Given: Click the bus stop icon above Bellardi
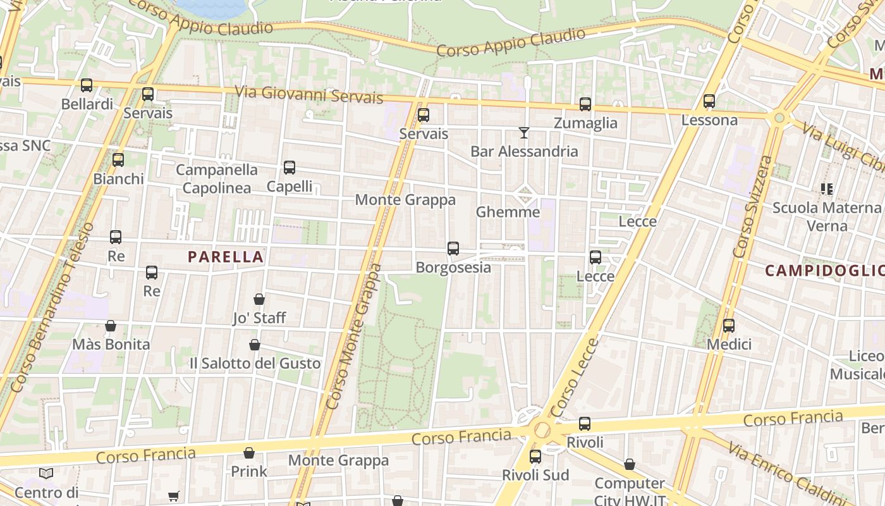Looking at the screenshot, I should [87, 85].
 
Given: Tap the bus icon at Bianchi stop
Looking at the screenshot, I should [118, 160].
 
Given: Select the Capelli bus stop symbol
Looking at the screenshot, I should [290, 168].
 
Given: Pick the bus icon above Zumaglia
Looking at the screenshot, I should [585, 104].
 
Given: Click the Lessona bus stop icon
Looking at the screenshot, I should [709, 101].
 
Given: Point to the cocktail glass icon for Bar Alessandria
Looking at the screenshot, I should [524, 133].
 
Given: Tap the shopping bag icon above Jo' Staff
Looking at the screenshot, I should [259, 299].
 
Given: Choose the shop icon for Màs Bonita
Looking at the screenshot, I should [111, 326].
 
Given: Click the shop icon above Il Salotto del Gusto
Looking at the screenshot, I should [255, 345].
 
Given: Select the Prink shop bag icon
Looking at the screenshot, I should [249, 453].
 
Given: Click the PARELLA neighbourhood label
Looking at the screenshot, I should [226, 257].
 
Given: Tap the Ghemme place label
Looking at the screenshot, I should [508, 212].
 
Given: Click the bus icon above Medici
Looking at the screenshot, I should [729, 326].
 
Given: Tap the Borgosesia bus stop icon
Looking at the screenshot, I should [453, 249].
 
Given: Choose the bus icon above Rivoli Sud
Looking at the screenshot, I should [535, 456].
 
